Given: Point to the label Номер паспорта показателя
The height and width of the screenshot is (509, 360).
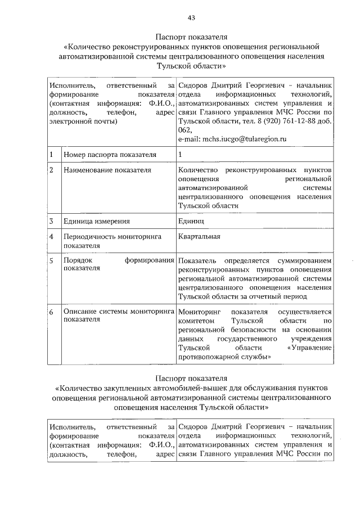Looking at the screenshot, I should point(109,154).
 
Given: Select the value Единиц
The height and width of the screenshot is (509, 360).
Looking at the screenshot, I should point(191,222).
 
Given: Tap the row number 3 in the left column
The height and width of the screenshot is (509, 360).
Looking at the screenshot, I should point(52,222).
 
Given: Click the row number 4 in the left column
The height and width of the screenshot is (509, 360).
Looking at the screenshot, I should point(52,237).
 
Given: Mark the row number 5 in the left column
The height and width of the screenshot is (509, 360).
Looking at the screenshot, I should point(52,261).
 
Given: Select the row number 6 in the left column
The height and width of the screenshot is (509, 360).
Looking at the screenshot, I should point(52,312).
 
